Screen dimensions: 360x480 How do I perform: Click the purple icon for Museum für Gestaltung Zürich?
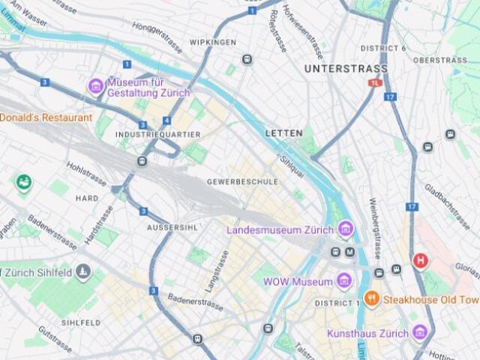(x=96, y=86)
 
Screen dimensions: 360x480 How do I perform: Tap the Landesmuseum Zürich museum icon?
(x=345, y=229)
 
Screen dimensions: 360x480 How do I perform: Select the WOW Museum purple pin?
(x=344, y=281)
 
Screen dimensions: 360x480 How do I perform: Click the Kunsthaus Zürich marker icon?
(x=420, y=332)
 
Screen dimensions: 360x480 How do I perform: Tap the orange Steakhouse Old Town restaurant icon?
(x=371, y=299)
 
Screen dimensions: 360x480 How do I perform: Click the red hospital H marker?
(x=421, y=261)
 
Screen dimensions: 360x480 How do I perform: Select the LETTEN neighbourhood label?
(x=283, y=133)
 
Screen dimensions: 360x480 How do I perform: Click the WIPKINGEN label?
(x=213, y=42)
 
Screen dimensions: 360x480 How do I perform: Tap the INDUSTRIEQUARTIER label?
(x=158, y=134)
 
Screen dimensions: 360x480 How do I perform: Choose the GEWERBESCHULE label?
(x=242, y=181)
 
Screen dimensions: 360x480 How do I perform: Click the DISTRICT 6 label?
(x=383, y=49)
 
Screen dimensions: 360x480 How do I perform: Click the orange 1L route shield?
(x=375, y=83)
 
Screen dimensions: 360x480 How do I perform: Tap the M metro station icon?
(x=349, y=252)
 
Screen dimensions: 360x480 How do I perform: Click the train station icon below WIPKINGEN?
(x=247, y=59)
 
